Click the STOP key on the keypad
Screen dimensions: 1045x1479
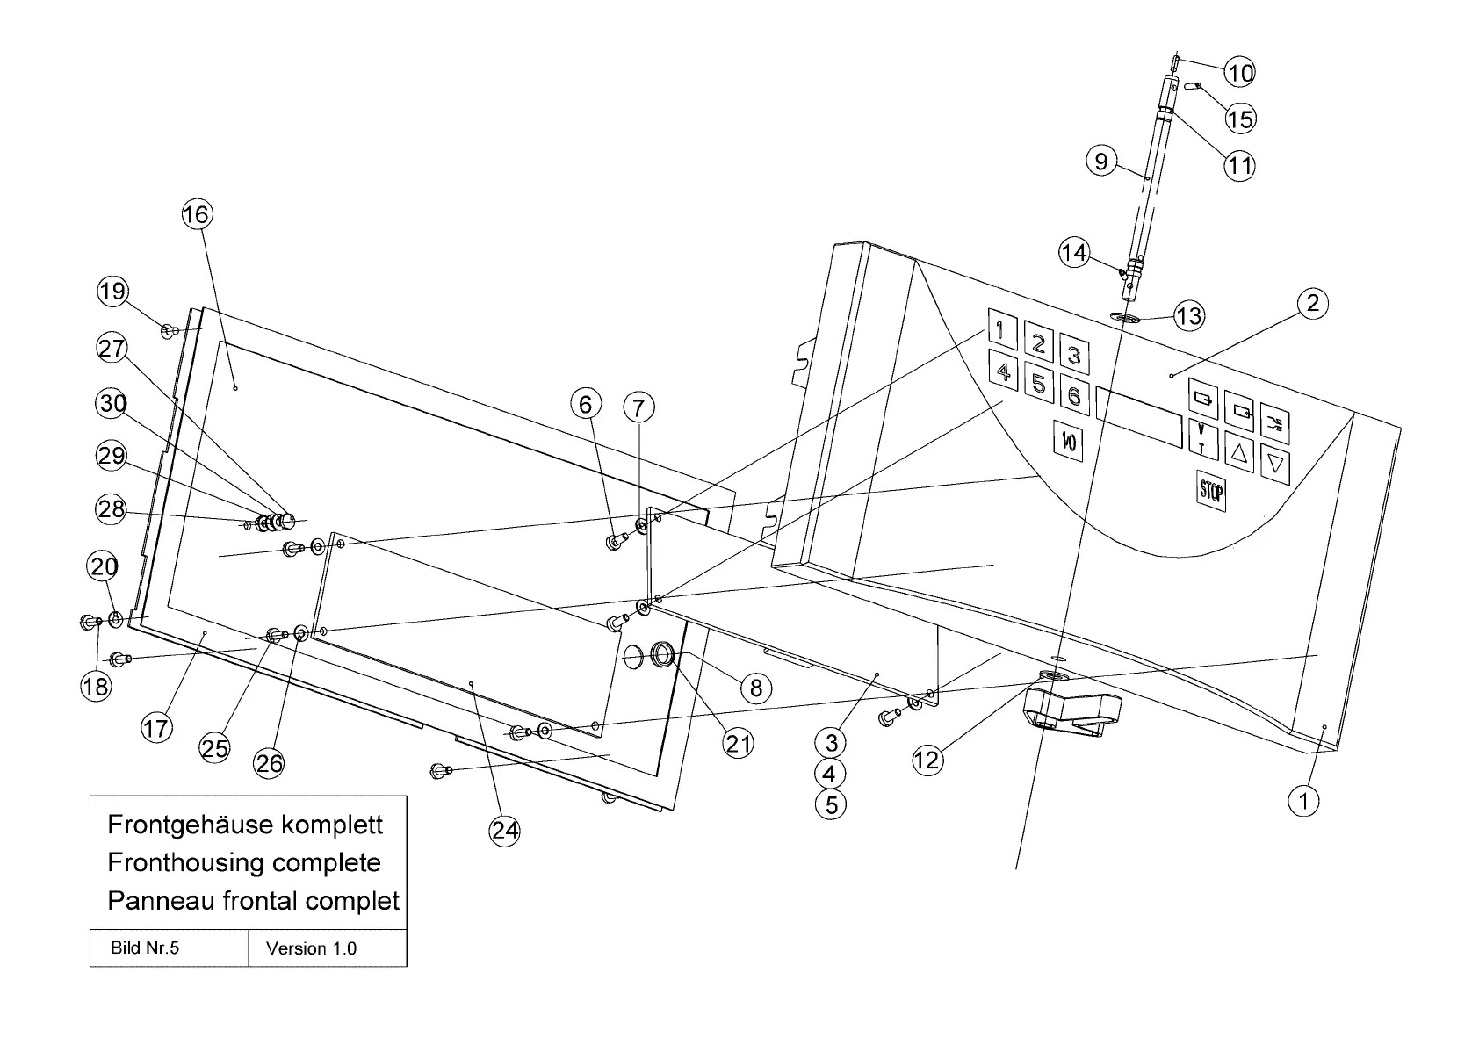(1211, 489)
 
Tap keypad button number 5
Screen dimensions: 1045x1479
(1038, 384)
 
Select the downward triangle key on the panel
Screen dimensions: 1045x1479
(1276, 462)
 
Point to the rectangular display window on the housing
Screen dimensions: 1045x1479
(1138, 417)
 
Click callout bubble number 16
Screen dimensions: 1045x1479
(198, 214)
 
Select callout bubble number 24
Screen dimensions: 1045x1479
(504, 830)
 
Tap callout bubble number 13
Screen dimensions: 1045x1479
(1188, 315)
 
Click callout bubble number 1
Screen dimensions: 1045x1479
(1303, 800)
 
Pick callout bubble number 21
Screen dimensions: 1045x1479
(738, 743)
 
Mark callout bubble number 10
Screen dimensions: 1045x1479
(1240, 71)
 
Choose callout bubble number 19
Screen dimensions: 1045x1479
(112, 291)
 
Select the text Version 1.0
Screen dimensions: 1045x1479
(311, 948)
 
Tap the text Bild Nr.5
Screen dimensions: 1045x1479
(145, 948)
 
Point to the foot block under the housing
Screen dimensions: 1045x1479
(1072, 707)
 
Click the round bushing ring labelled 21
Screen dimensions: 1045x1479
(662, 654)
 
